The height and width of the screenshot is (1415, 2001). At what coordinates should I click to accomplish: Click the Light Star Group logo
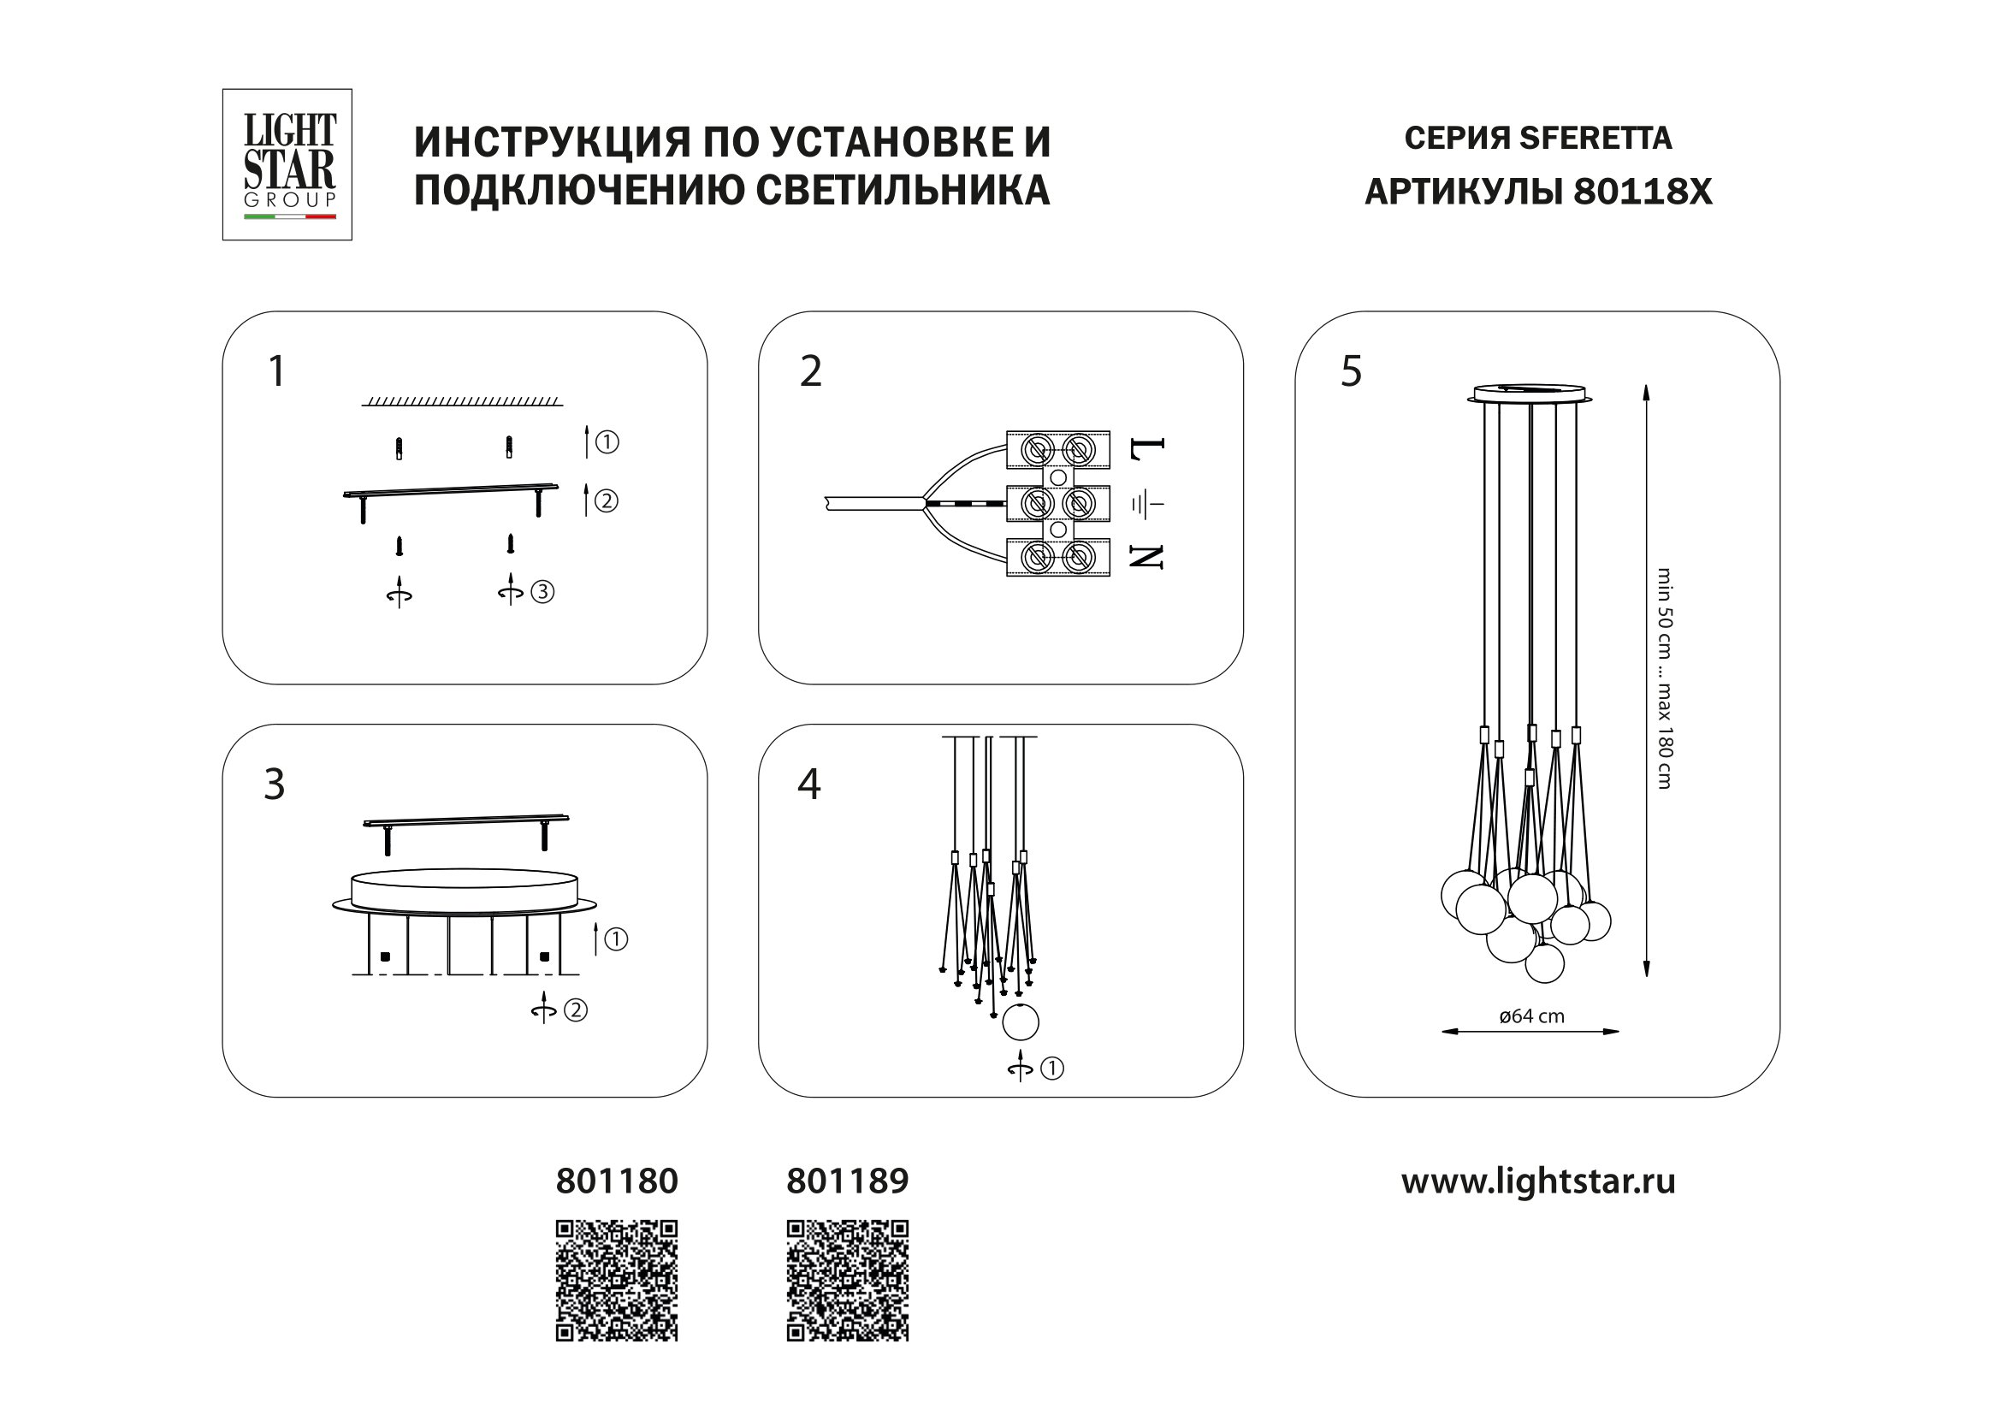coord(287,164)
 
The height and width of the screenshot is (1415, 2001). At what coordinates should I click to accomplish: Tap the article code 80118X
coord(1642,192)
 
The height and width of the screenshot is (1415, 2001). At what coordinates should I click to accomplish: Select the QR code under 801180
coord(617,1280)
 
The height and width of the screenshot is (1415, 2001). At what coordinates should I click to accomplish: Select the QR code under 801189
coord(847,1280)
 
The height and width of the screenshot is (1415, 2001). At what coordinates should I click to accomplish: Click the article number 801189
coord(847,1181)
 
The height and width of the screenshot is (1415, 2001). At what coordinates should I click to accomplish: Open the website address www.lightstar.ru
coord(1538,1181)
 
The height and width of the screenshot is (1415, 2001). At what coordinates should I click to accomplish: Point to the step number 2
coord(810,372)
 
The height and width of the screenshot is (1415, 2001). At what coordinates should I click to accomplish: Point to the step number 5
coord(1351,372)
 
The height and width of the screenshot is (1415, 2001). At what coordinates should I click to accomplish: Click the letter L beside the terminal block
coord(1147,449)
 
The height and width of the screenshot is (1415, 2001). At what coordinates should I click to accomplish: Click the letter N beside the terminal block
coord(1147,557)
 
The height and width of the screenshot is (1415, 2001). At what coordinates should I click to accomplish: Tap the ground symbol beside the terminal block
coord(1147,504)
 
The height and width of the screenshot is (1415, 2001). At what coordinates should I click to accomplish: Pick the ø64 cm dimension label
coord(1531,1016)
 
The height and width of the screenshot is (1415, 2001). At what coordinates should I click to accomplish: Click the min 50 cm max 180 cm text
coord(1664,678)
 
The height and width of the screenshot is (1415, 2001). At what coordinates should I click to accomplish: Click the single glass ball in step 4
coord(1021,1022)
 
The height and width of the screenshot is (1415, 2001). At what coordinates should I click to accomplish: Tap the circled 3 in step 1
coord(542,593)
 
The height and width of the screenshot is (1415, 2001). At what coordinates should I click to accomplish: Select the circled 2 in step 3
coord(575,1010)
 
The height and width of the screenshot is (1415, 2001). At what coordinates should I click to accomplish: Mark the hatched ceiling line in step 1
coord(462,400)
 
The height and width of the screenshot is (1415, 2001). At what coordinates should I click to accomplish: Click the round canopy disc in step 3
coord(465,891)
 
